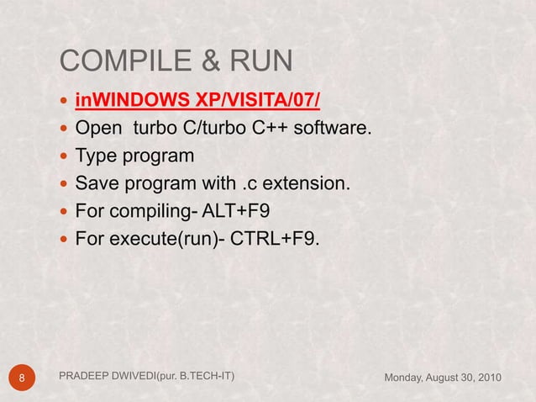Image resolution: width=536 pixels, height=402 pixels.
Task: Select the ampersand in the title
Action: click(205, 61)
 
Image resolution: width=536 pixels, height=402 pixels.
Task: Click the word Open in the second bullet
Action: click(97, 130)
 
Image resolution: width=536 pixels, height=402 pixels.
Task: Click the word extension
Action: click(313, 183)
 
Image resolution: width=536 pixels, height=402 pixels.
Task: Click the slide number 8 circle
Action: click(23, 377)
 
